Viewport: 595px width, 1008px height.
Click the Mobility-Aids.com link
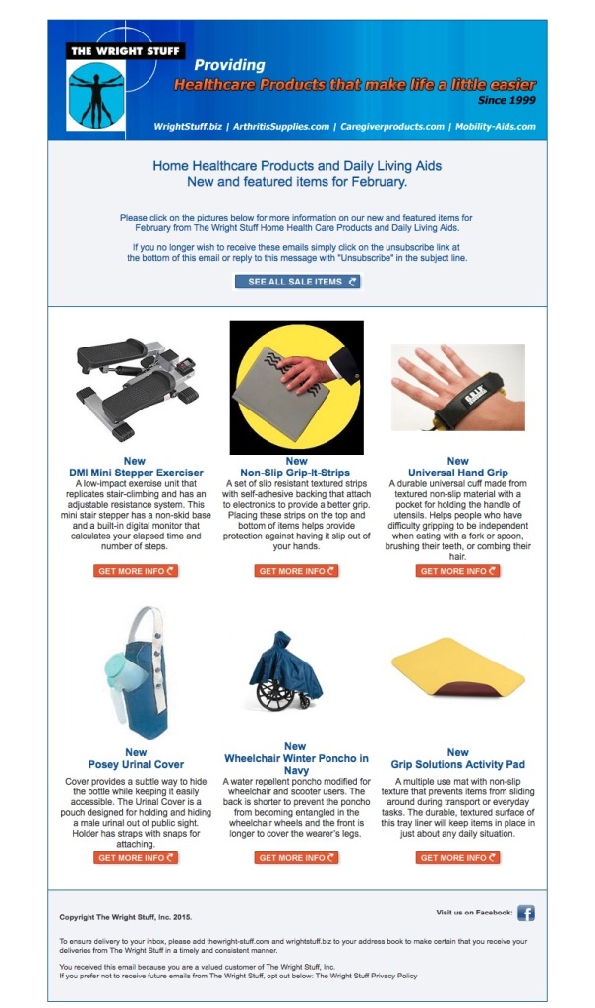[496, 127]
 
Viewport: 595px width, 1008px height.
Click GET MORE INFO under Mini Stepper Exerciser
[136, 571]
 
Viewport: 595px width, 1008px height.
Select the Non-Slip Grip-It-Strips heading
[296, 472]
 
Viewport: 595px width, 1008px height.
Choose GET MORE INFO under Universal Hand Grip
[458, 571]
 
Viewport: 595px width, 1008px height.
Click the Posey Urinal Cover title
[136, 764]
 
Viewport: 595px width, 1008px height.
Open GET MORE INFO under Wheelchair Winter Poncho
[296, 858]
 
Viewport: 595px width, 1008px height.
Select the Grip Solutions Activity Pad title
[457, 764]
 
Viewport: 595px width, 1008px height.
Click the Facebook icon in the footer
[526, 913]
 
